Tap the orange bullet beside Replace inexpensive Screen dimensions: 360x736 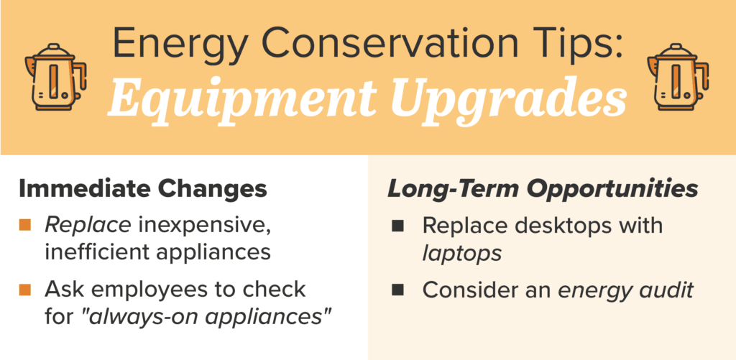25,226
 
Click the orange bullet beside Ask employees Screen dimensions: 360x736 25,290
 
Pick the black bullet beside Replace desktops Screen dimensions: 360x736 398,226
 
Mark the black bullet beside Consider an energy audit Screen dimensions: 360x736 398,290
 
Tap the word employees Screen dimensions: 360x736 151,290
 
